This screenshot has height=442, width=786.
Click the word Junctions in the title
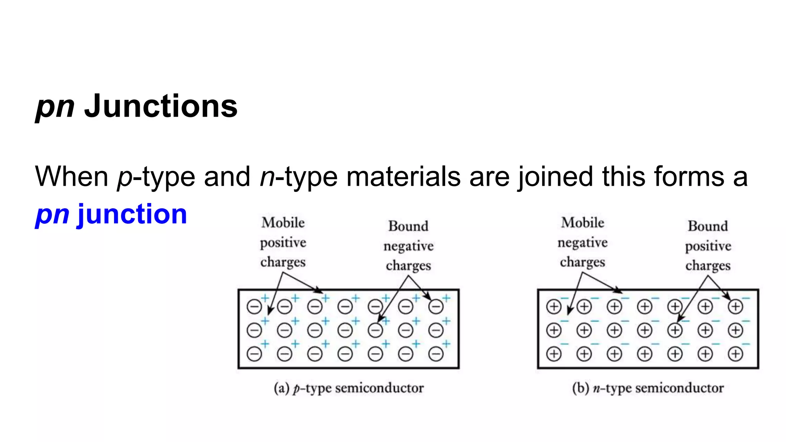[161, 106]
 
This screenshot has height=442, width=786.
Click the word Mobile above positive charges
[283, 223]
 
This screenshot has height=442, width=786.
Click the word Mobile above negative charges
[582, 223]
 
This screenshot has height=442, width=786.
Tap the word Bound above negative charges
[408, 226]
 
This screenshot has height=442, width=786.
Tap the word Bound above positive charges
[707, 226]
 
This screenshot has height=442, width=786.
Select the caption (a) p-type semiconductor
[348, 388]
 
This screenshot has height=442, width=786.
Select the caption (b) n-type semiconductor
[648, 388]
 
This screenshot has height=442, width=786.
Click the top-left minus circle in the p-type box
[254, 307]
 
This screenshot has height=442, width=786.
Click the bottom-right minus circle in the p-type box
[436, 354]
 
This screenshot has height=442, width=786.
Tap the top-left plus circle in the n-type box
[553, 307]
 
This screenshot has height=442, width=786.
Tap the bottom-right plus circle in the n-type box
[735, 354]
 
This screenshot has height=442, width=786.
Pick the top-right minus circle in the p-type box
[436, 307]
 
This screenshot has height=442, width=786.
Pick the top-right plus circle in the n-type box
[735, 307]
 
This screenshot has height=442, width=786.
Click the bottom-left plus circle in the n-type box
[553, 354]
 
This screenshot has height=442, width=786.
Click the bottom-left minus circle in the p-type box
[254, 354]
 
